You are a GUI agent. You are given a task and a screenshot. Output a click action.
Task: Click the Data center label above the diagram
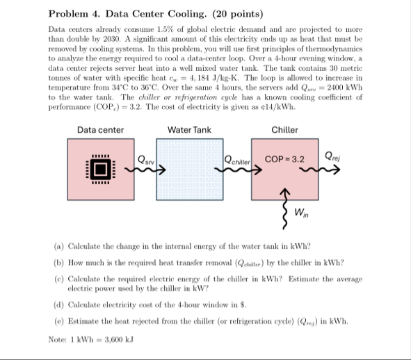click(101, 130)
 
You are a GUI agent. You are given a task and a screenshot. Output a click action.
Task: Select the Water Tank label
click(189, 130)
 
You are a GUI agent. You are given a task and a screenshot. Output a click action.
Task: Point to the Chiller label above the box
click(284, 130)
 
